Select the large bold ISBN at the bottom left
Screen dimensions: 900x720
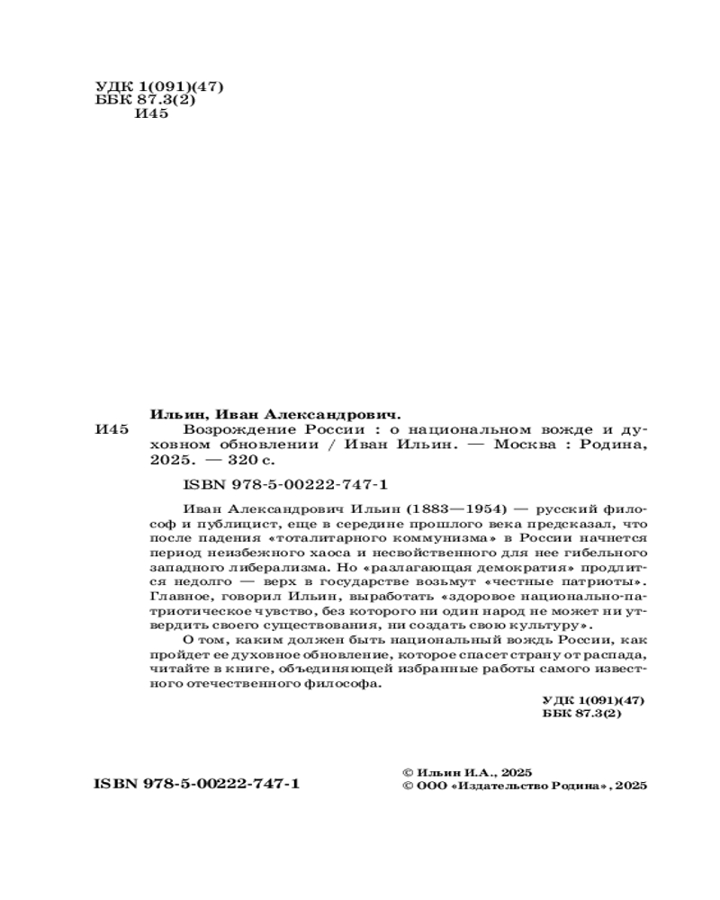tap(197, 784)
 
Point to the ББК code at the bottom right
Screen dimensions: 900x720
tap(583, 712)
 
